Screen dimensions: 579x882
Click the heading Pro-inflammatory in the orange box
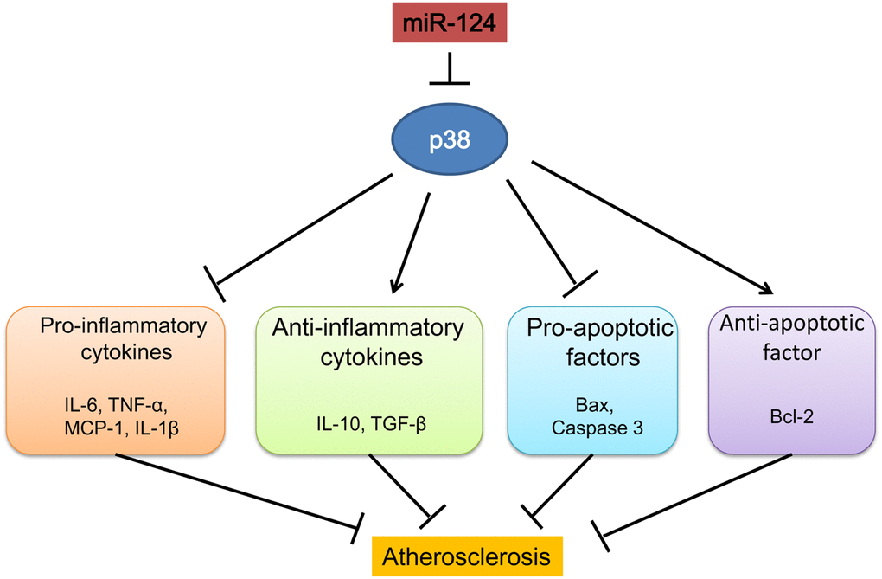pos(123,326)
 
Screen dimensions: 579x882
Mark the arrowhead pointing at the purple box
pos(764,291)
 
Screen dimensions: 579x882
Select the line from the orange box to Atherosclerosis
pos(233,490)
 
